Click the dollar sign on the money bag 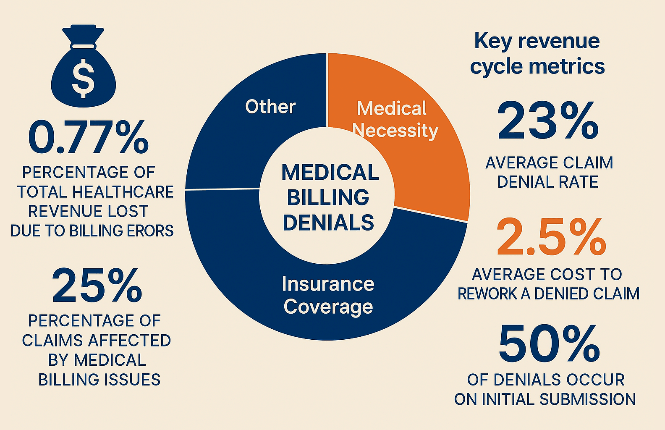click(x=83, y=78)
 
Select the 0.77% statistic click(x=88, y=138)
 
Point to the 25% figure click(x=97, y=286)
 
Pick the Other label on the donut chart click(x=270, y=107)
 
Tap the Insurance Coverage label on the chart click(x=328, y=295)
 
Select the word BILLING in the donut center click(x=328, y=198)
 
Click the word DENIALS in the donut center click(x=328, y=223)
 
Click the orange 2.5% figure click(x=551, y=238)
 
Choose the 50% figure click(x=549, y=344)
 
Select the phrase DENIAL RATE click(x=548, y=182)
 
